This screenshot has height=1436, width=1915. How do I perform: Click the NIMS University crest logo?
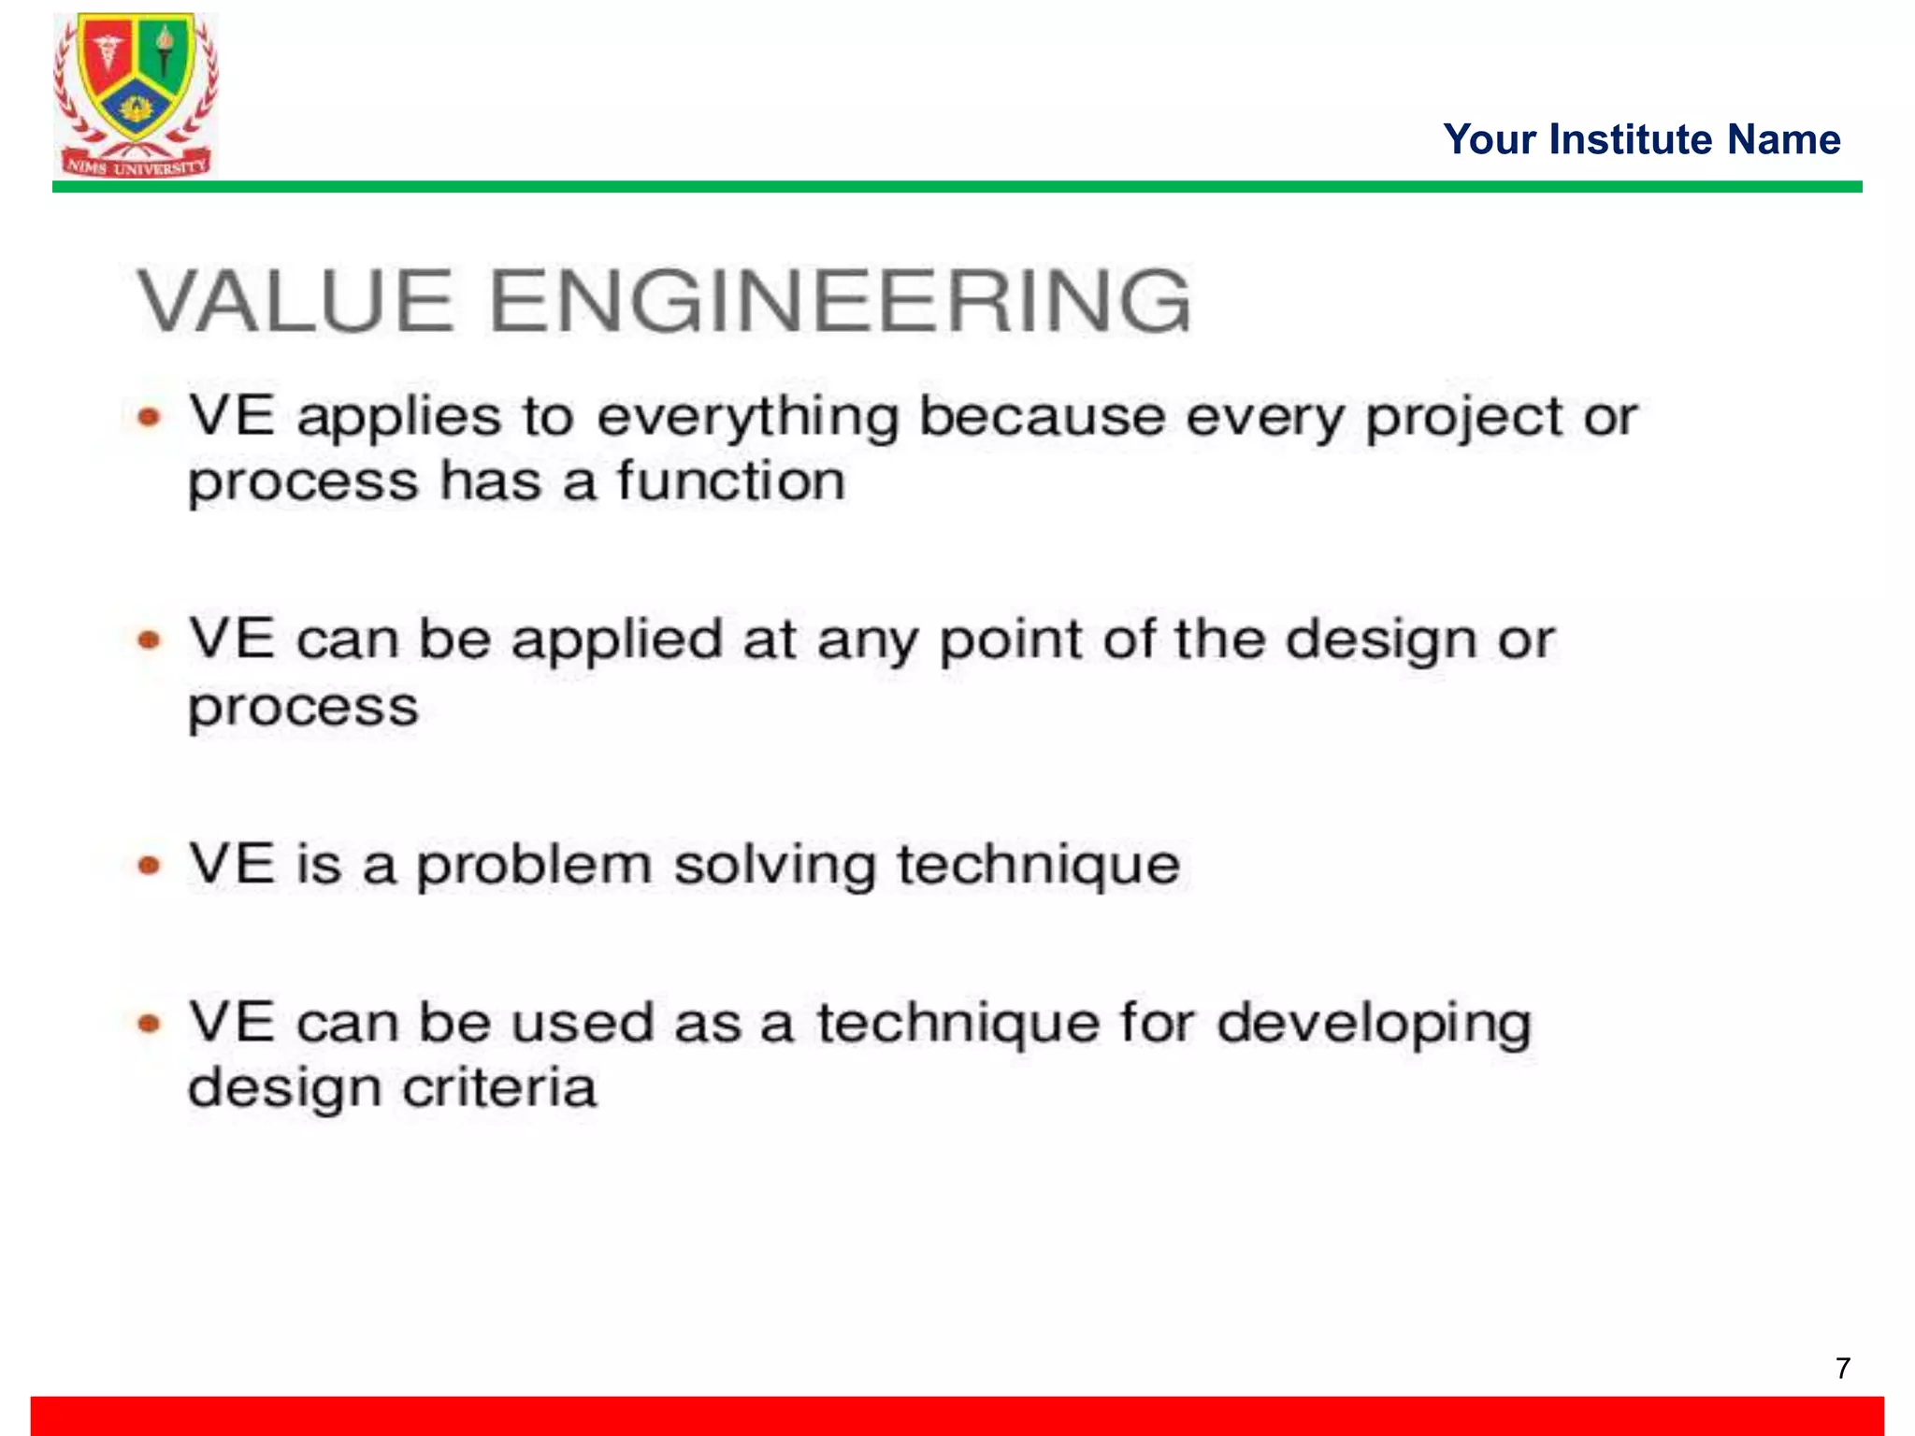tap(136, 93)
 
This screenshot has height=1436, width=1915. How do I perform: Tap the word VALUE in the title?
tap(295, 300)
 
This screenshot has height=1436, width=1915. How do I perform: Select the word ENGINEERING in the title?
tap(839, 300)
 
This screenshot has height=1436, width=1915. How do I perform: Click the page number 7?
tap(1842, 1368)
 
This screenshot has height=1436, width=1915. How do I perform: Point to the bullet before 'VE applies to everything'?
tap(150, 417)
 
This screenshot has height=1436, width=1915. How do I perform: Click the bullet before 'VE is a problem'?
tap(150, 865)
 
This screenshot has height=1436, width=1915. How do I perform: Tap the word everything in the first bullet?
tap(747, 417)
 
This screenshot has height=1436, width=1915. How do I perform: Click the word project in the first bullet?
tap(1462, 417)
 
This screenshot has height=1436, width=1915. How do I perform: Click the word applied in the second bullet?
tap(616, 640)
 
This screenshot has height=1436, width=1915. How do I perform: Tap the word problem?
tap(533, 865)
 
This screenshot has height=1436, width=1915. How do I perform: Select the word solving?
tap(774, 865)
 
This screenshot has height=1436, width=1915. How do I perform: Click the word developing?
tap(1374, 1024)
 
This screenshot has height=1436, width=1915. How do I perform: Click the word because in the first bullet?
tap(1042, 417)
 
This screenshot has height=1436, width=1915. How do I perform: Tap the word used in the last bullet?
tap(583, 1023)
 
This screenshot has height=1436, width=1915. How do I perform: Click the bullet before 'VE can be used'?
tap(150, 1024)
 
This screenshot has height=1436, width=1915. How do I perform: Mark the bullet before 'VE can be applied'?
tap(150, 640)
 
